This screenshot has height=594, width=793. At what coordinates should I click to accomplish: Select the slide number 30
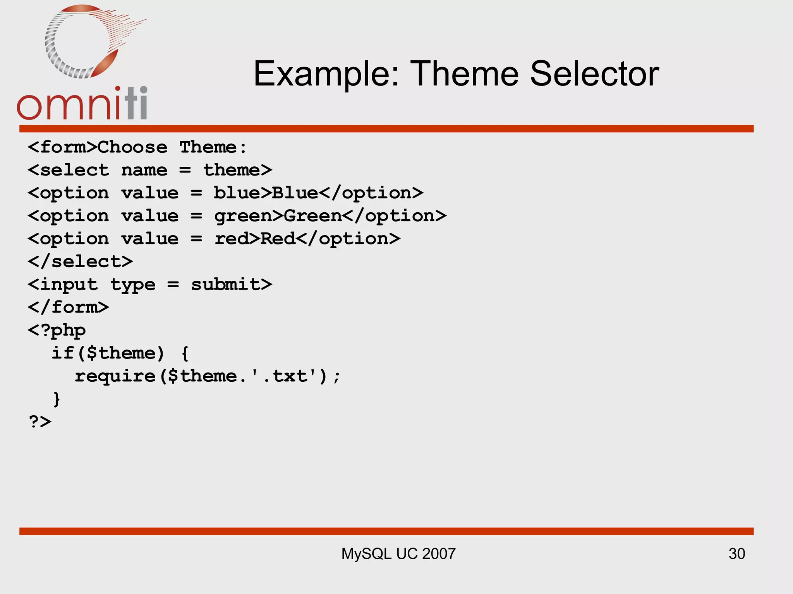point(736,554)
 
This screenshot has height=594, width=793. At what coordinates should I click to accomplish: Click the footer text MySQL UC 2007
point(398,554)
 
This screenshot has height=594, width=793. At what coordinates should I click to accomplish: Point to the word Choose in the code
point(132,147)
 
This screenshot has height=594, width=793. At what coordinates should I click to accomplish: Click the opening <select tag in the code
point(69,170)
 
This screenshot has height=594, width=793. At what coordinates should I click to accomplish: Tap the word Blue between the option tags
point(295,193)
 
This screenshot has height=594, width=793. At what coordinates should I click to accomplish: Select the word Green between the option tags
point(313,216)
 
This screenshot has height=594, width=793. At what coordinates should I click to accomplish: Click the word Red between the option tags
point(278,239)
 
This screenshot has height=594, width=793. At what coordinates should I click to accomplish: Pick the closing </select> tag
point(80,261)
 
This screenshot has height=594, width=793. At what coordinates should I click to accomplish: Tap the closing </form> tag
point(69,307)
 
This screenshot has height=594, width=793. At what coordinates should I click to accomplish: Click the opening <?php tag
point(57,330)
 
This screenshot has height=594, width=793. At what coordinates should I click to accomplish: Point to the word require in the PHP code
point(115,376)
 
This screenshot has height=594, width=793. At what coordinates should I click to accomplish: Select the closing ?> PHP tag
point(40,422)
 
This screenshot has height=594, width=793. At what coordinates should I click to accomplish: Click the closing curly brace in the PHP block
point(57,399)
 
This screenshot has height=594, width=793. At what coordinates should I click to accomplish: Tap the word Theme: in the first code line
point(213,147)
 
